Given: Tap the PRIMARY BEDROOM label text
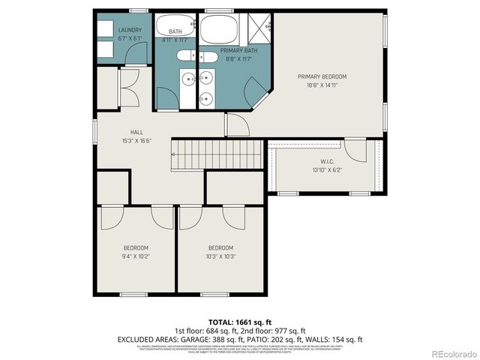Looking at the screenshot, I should (322, 76).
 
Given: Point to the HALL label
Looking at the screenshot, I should (136, 130).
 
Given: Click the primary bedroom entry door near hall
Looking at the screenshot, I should (237, 124).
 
